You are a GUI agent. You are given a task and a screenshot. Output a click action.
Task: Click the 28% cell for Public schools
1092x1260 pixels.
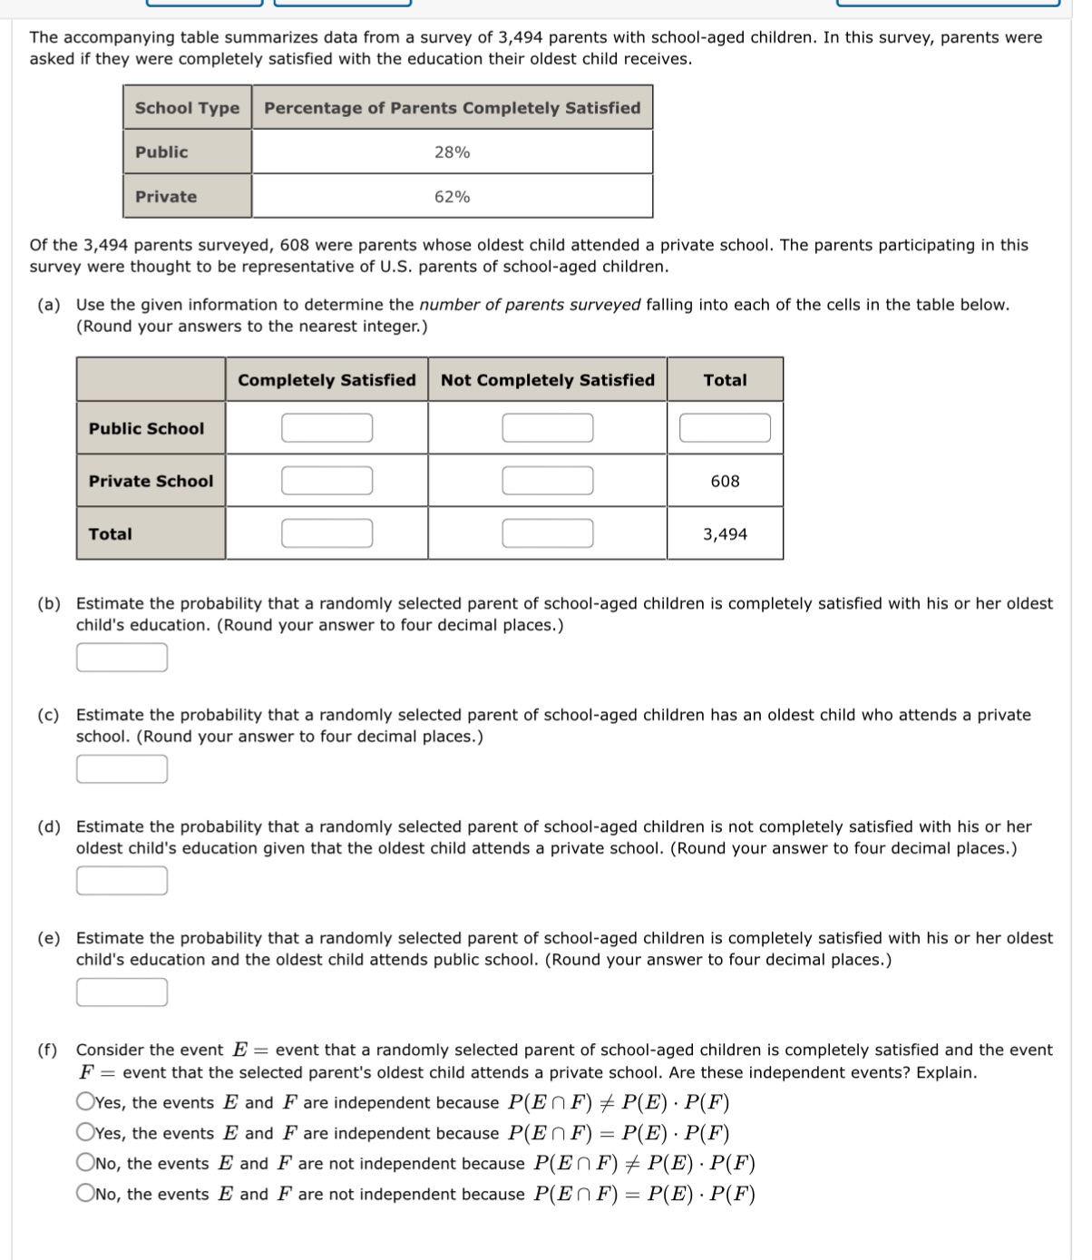pos(452,152)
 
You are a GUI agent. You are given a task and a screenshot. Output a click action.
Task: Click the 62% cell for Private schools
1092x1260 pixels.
pos(452,197)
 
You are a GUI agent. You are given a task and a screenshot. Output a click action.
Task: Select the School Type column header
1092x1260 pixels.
pos(187,108)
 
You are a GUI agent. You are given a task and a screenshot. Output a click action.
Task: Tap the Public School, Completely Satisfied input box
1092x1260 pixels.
pos(327,428)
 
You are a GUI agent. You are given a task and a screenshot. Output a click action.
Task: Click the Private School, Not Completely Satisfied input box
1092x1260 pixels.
pos(548,481)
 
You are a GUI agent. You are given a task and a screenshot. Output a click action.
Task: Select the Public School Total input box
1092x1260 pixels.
pos(725,428)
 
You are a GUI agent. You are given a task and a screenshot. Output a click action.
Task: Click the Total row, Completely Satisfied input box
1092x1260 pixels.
pos(327,533)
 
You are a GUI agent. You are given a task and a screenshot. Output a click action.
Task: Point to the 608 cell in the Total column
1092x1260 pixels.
pos(725,481)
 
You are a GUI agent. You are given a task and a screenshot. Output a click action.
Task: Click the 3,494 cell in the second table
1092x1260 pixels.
pos(725,534)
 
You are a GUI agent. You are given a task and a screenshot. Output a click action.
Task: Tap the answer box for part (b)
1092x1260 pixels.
pos(122,658)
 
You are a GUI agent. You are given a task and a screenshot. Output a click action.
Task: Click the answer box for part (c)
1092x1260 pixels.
pos(122,769)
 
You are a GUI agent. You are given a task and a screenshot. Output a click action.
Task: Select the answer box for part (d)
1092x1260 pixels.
pos(122,881)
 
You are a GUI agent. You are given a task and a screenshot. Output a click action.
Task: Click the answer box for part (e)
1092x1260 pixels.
pos(122,992)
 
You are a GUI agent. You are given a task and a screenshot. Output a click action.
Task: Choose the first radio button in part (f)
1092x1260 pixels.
pos(85,1102)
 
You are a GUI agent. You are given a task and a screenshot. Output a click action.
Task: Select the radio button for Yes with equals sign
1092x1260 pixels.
pos(85,1133)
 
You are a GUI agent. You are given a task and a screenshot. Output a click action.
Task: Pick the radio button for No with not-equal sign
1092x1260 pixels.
pos(85,1163)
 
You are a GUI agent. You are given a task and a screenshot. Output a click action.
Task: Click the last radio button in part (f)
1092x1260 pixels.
pos(85,1194)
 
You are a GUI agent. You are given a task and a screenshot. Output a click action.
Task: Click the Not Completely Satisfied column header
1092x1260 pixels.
pos(547,380)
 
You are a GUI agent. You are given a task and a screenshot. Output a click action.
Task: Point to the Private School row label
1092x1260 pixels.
pos(151,481)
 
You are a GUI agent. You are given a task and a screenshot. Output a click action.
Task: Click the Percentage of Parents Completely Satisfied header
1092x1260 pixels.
pos(452,108)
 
